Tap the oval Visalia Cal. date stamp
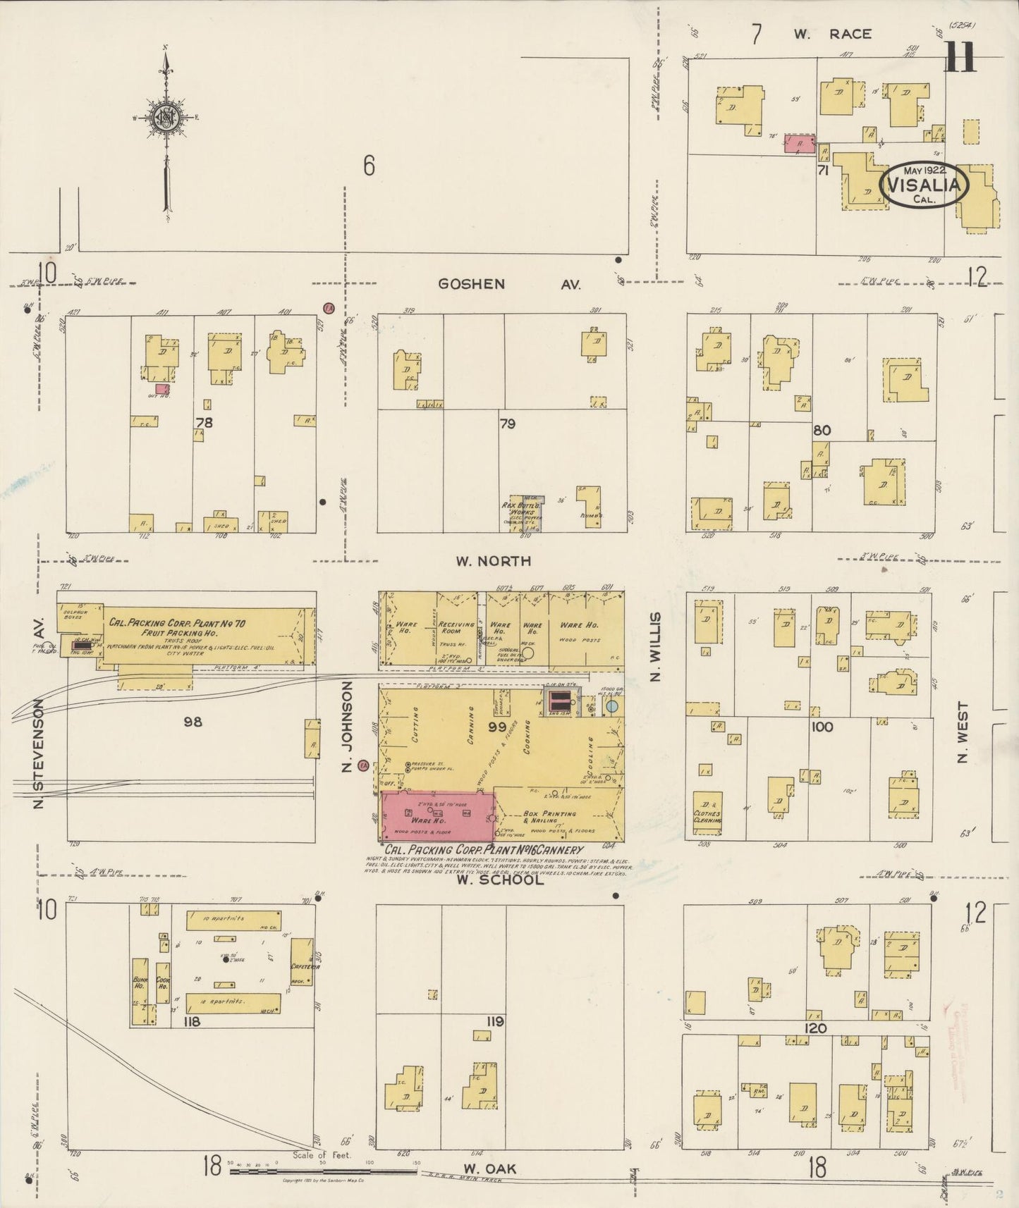point(924,185)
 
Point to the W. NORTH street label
point(493,561)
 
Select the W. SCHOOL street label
point(500,880)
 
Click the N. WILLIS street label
point(655,646)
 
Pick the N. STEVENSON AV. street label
point(38,712)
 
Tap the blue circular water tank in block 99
point(612,705)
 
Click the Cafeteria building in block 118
point(302,961)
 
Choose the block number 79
point(507,424)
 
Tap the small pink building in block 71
point(800,144)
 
